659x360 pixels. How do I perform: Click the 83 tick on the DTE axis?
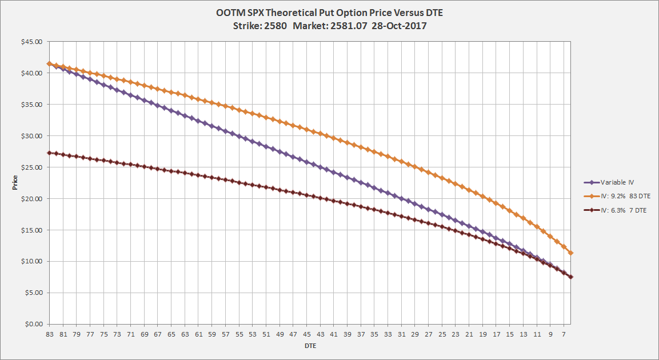coord(50,334)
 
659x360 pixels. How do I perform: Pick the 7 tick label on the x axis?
coord(564,334)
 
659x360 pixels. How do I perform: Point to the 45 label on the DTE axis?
coord(307,334)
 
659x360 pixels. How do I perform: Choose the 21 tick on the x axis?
coord(469,334)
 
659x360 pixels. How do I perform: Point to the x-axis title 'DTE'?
coord(310,346)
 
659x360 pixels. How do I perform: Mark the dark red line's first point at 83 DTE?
coord(50,153)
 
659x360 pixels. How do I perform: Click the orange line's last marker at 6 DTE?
coord(571,253)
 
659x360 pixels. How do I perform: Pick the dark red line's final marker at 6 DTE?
coord(571,277)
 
